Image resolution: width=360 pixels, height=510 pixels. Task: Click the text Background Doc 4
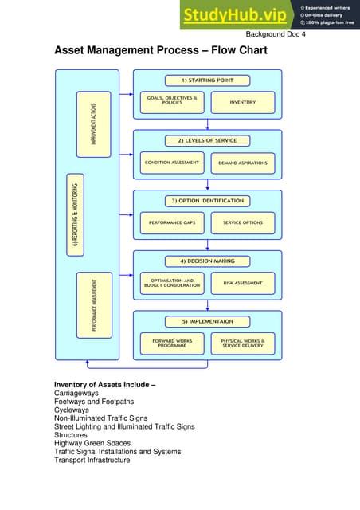[x=276, y=34]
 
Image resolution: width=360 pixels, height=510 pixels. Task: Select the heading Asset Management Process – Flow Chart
[x=160, y=52]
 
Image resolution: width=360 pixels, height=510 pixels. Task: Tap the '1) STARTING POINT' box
[x=207, y=80]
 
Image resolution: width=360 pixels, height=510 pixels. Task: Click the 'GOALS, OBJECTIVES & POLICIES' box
[x=172, y=102]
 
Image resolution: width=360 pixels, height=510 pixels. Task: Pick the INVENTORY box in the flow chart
[x=243, y=102]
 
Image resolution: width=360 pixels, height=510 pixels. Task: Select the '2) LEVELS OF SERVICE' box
[x=207, y=140]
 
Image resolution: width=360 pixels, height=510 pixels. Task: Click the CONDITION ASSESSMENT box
[x=172, y=163]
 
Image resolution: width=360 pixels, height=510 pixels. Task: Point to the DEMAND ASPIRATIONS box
[x=243, y=163]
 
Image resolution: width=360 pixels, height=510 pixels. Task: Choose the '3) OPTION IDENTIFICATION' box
[x=207, y=200]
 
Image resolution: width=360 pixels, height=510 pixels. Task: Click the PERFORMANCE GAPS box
[x=172, y=222]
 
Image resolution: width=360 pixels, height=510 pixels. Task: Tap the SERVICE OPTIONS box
[x=243, y=222]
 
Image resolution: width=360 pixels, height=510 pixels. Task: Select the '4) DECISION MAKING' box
[x=207, y=261]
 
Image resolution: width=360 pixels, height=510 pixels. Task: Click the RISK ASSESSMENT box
[x=243, y=283]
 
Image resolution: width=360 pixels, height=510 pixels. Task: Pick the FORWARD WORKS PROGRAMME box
[x=172, y=343]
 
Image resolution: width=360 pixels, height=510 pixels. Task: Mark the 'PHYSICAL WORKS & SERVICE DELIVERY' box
[x=243, y=343]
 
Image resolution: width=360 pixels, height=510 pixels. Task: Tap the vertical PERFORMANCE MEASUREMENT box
[x=95, y=305]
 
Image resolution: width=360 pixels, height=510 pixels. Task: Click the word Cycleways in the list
[x=72, y=409]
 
